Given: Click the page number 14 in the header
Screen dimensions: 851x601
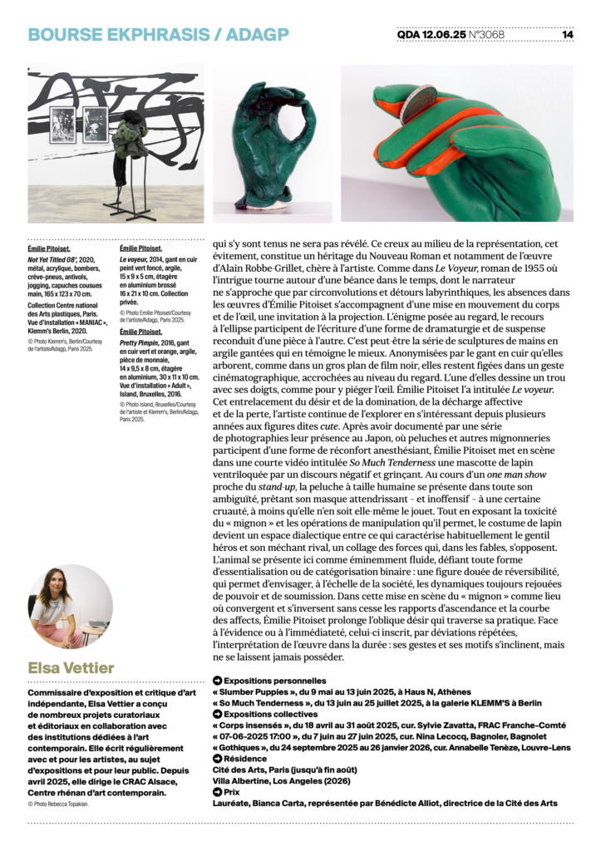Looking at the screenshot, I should pyautogui.click(x=568, y=35).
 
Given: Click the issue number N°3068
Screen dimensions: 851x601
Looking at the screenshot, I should pyautogui.click(x=486, y=35).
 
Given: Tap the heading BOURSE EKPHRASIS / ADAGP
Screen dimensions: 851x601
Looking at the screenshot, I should pyautogui.click(x=158, y=34).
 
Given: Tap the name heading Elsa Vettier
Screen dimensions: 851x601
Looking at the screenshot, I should pyautogui.click(x=71, y=667).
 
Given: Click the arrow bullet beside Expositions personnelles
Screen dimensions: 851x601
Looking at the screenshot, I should pyautogui.click(x=217, y=681).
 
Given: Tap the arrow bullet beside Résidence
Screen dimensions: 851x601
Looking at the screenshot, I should pyautogui.click(x=217, y=759).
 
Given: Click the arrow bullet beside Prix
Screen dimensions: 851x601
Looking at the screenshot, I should pyautogui.click(x=217, y=792).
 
